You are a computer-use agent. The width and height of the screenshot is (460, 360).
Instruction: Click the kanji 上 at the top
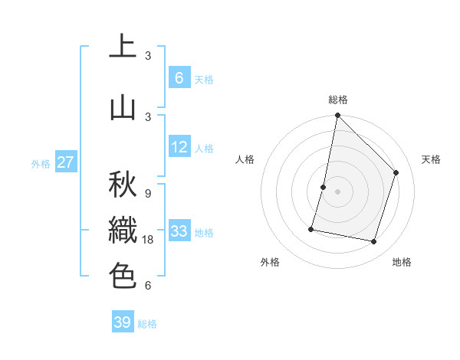tap(122, 47)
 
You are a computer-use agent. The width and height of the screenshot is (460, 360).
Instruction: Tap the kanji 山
tap(122, 107)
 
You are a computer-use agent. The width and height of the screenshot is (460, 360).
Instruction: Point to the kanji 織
tap(122, 230)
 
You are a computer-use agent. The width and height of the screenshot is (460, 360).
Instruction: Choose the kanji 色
tap(122, 276)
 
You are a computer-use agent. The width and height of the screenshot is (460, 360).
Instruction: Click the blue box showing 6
tap(179, 77)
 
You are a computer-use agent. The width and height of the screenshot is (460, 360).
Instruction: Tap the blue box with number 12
tap(179, 147)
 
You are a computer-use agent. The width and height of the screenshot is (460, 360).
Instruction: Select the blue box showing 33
tap(179, 231)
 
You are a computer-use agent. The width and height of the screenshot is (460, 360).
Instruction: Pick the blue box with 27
tap(65, 162)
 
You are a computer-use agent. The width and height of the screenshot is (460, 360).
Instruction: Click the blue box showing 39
tap(123, 322)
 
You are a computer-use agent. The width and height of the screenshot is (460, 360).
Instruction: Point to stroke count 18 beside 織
tap(149, 240)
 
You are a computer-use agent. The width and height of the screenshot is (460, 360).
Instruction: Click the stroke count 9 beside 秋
tap(148, 193)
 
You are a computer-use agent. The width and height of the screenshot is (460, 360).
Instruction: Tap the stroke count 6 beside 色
tap(148, 286)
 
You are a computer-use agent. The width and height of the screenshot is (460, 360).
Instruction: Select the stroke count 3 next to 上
tap(148, 56)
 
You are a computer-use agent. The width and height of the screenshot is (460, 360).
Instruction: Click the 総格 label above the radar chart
tap(337, 100)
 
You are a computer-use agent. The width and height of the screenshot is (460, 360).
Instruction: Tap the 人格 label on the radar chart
tap(245, 159)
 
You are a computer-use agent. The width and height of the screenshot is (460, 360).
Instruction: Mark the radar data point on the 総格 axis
tap(337, 116)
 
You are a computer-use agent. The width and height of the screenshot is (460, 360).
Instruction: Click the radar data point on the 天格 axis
tap(396, 173)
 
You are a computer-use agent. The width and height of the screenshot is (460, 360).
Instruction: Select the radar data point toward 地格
tap(373, 242)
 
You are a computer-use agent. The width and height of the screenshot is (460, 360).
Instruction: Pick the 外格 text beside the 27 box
tap(40, 163)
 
